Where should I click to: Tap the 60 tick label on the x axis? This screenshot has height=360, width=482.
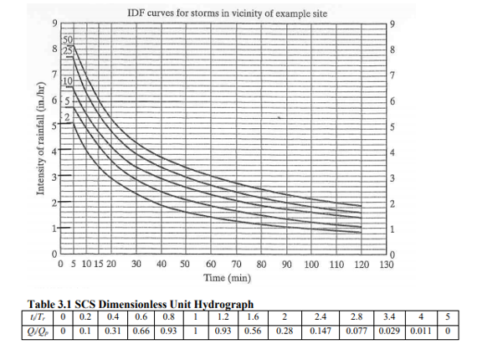click(210, 264)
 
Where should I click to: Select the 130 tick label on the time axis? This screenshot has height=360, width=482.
click(387, 264)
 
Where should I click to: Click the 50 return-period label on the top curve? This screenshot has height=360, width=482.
click(69, 40)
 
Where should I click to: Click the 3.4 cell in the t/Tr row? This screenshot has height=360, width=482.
click(387, 316)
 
